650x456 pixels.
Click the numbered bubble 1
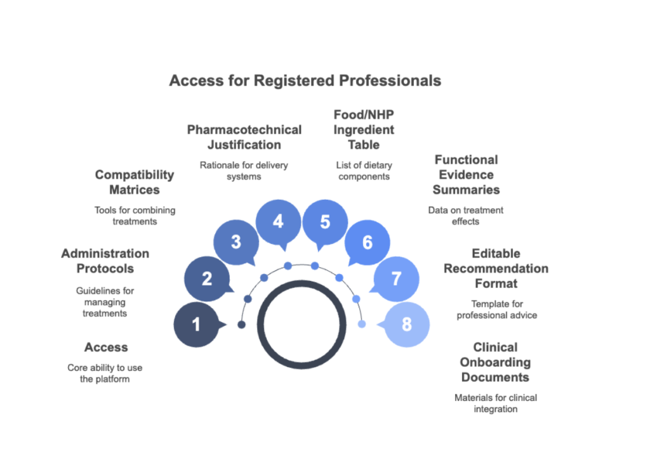tap(196, 325)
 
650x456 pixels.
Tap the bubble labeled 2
tap(206, 278)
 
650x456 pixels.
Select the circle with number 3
tap(235, 242)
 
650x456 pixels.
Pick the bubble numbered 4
tap(277, 222)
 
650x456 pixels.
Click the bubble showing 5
tap(325, 222)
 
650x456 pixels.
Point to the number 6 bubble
tap(367, 242)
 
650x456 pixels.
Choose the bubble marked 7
tap(396, 278)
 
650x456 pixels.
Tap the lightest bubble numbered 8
tap(407, 325)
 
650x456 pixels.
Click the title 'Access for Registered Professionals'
tap(305, 81)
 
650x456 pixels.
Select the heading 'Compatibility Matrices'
tap(134, 182)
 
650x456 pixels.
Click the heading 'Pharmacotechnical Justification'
tap(244, 137)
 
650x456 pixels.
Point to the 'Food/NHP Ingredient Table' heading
tap(364, 129)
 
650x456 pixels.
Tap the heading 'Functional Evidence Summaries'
tap(467, 174)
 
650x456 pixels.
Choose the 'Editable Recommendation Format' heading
tap(496, 268)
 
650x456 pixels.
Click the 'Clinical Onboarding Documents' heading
tap(495, 362)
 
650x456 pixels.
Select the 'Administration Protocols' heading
tap(105, 261)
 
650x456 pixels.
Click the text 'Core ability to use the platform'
tap(105, 374)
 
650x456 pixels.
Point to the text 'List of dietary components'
tap(364, 171)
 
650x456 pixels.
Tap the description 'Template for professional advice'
tap(496, 309)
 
